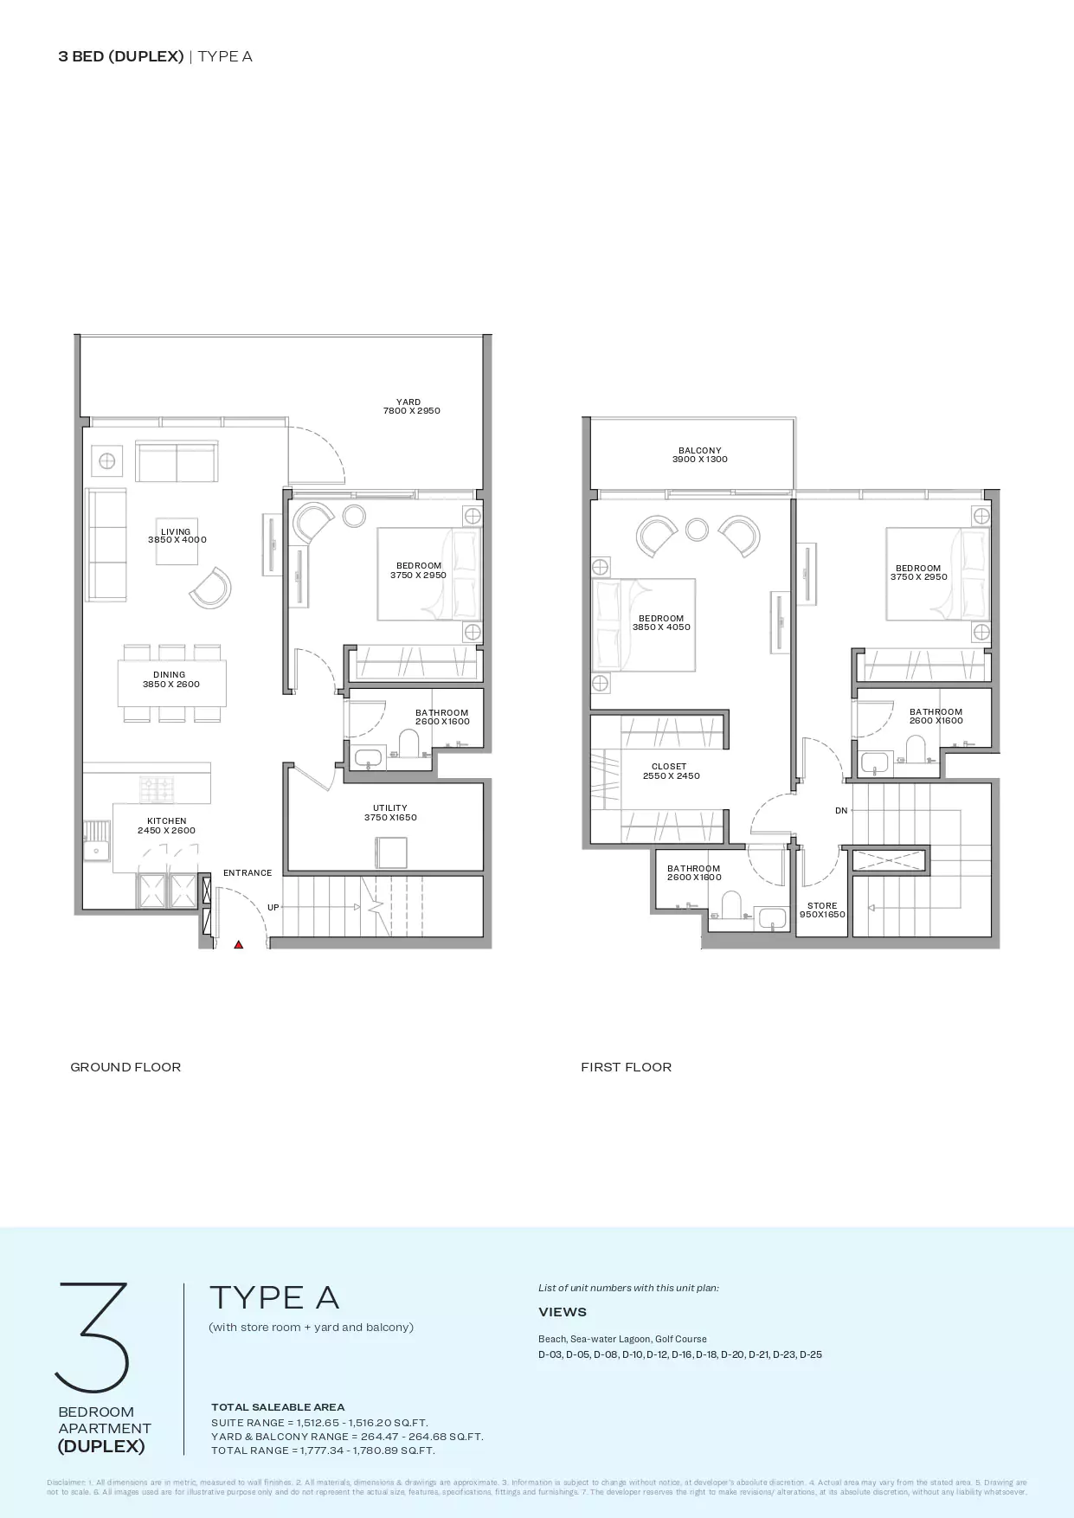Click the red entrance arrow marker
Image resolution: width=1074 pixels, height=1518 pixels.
click(x=239, y=945)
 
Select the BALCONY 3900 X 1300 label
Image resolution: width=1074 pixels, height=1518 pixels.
click(x=699, y=455)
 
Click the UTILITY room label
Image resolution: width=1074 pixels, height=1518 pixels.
click(x=390, y=813)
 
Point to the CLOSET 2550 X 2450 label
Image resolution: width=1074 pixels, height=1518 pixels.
click(x=670, y=771)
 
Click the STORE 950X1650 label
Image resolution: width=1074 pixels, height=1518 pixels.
click(x=822, y=910)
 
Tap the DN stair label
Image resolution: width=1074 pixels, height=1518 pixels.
click(x=841, y=811)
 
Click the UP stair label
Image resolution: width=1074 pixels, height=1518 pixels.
click(x=273, y=908)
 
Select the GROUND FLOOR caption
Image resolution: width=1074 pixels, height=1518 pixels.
click(x=125, y=1067)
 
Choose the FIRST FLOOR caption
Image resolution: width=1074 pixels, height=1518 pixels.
click(x=626, y=1067)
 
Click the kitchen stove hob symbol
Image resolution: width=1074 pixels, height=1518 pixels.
click(x=157, y=788)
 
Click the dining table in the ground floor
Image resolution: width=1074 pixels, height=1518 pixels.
click(x=171, y=683)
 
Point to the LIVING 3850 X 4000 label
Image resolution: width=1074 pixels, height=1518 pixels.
click(x=177, y=536)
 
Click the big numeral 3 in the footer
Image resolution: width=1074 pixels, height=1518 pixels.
click(x=93, y=1336)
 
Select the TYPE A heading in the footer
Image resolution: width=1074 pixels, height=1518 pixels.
click(x=274, y=1297)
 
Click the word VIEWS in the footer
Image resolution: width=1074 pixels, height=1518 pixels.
click(x=563, y=1312)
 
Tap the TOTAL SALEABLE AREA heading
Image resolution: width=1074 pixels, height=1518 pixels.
click(x=278, y=1407)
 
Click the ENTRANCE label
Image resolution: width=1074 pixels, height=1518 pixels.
click(x=248, y=873)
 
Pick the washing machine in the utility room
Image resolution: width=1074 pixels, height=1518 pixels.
click(x=391, y=852)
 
